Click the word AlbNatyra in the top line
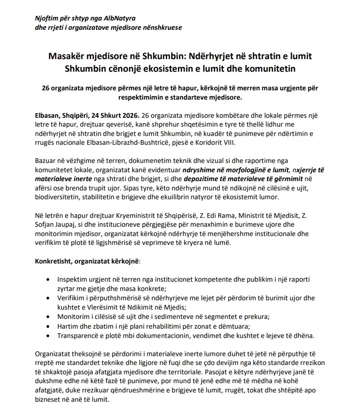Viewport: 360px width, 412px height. point(119,19)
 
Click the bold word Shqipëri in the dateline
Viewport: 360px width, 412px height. point(77,115)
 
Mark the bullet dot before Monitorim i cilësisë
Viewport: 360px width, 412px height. point(49,317)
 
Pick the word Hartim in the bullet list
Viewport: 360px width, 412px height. point(68,325)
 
